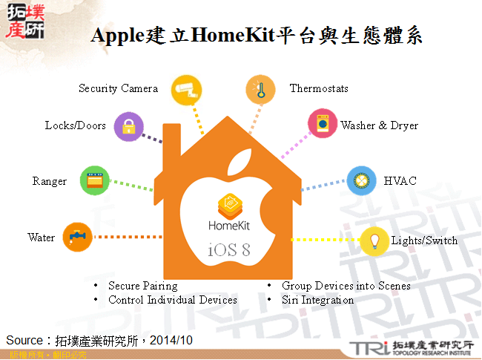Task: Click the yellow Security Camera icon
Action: click(184, 91)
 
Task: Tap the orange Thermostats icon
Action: click(260, 91)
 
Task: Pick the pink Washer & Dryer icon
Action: click(322, 124)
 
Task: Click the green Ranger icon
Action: click(95, 180)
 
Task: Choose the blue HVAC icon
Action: click(361, 180)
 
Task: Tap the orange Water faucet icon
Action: click(77, 238)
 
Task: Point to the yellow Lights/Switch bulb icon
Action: click(375, 240)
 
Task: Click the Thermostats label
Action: click(319, 88)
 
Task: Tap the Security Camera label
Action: click(119, 88)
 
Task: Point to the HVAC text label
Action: click(400, 181)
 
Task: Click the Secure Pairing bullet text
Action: click(143, 286)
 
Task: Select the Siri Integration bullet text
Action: click(317, 300)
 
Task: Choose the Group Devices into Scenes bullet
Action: click(346, 286)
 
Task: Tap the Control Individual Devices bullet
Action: click(173, 300)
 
